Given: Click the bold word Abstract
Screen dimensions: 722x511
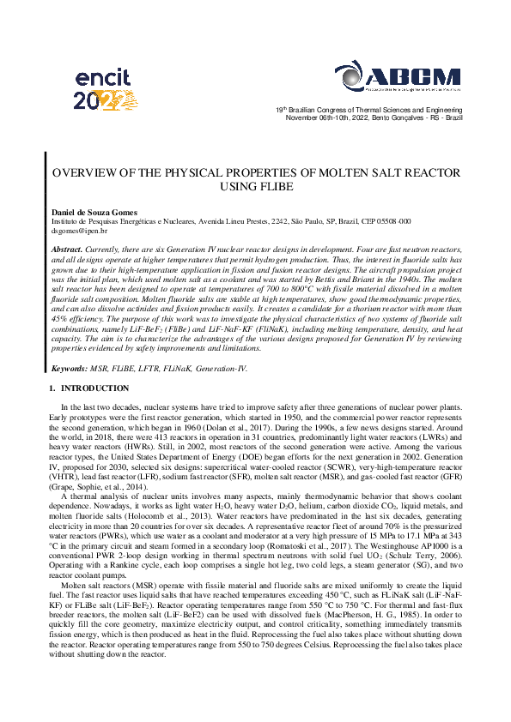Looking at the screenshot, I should [x=69, y=248].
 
